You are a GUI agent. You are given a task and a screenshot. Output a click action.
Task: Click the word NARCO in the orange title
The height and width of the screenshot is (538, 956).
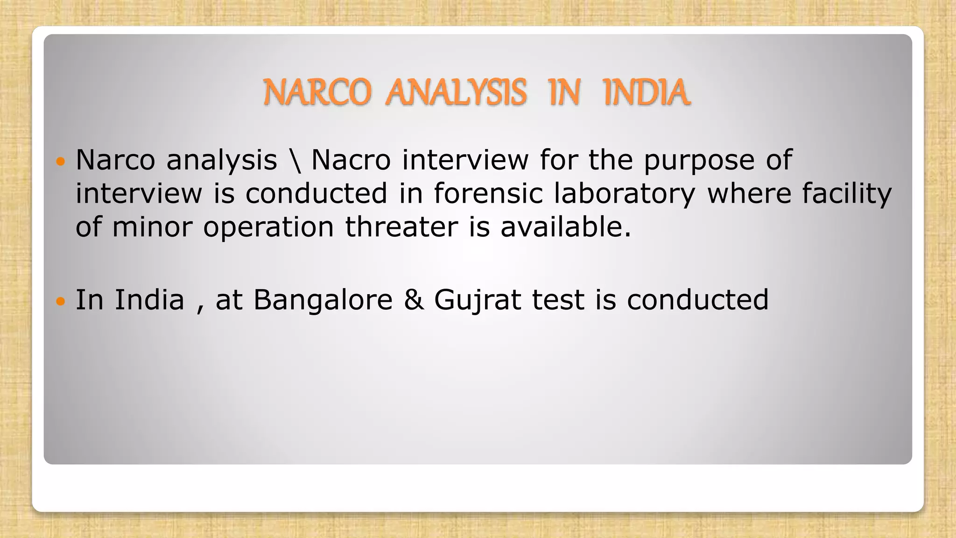pyautogui.click(x=317, y=92)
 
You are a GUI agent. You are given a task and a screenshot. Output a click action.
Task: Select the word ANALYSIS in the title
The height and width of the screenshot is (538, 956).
pyautogui.click(x=456, y=92)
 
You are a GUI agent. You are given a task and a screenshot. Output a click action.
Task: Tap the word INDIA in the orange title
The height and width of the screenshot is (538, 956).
pyautogui.click(x=646, y=92)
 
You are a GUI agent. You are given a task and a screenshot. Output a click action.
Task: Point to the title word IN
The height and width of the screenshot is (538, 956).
pyautogui.click(x=565, y=92)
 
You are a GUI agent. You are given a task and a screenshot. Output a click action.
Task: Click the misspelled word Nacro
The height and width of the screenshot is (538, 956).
pyautogui.click(x=351, y=160)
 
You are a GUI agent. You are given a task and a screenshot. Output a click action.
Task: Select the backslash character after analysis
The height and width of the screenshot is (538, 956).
pyautogui.click(x=295, y=160)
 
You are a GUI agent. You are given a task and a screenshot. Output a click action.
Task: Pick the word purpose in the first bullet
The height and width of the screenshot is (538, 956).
pyautogui.click(x=699, y=160)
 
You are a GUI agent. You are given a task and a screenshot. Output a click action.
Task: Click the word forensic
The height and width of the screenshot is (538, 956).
pyautogui.click(x=488, y=193)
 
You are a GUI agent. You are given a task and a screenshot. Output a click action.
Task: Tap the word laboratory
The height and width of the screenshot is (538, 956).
pyautogui.click(x=625, y=194)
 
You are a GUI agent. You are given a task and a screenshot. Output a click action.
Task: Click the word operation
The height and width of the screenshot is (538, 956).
pyautogui.click(x=268, y=228)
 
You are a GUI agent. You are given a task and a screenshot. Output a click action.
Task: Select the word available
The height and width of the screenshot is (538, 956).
pyautogui.click(x=565, y=227)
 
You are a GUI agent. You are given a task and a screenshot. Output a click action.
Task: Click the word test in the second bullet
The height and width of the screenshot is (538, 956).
pyautogui.click(x=558, y=300)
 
